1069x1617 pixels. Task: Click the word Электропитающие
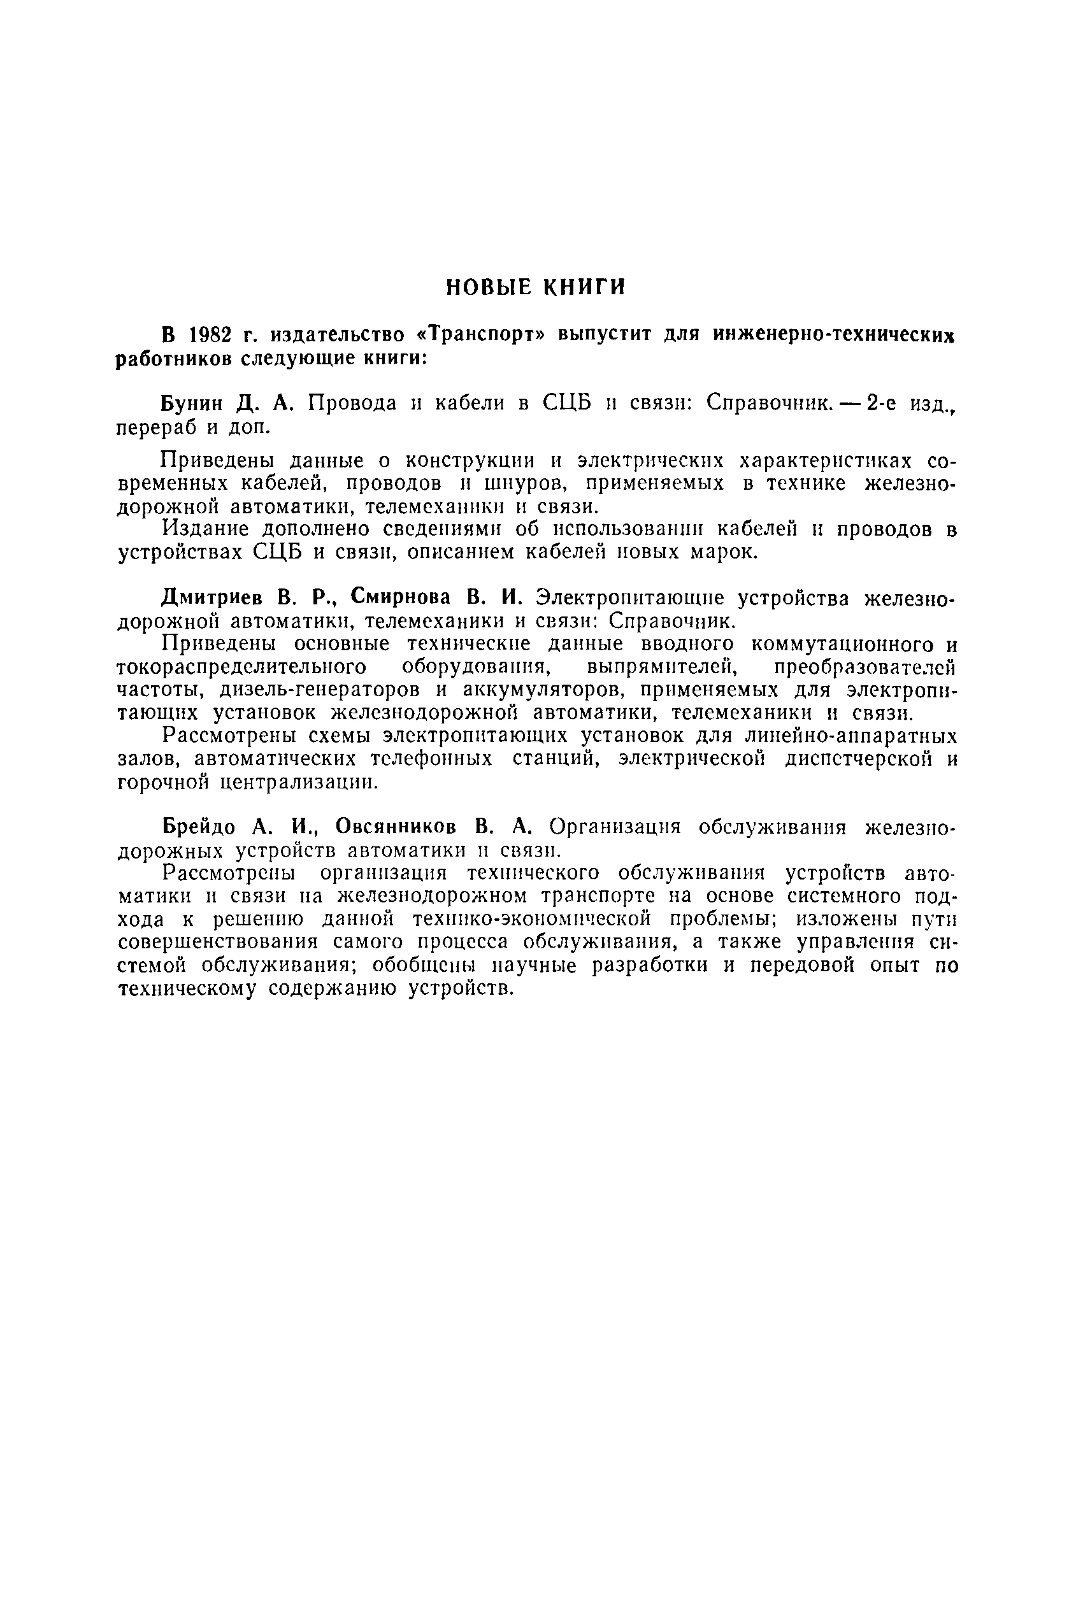(x=624, y=598)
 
